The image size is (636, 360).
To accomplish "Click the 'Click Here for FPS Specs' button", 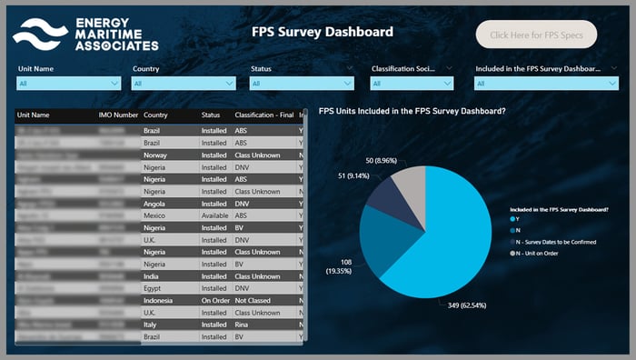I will pyautogui.click(x=536, y=35).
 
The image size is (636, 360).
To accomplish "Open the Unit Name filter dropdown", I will pyautogui.click(x=69, y=84).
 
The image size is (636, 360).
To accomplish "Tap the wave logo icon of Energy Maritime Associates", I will pyautogui.click(x=39, y=34).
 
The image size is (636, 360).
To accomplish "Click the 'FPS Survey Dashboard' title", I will pyautogui.click(x=322, y=32).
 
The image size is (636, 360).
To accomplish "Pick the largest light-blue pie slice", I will pyautogui.click(x=445, y=227).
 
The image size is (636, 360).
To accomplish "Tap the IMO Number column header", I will pyautogui.click(x=118, y=115).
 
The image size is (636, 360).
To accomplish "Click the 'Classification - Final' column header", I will pyautogui.click(x=263, y=115).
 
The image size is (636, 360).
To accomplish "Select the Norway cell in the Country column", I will pyautogui.click(x=156, y=155).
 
